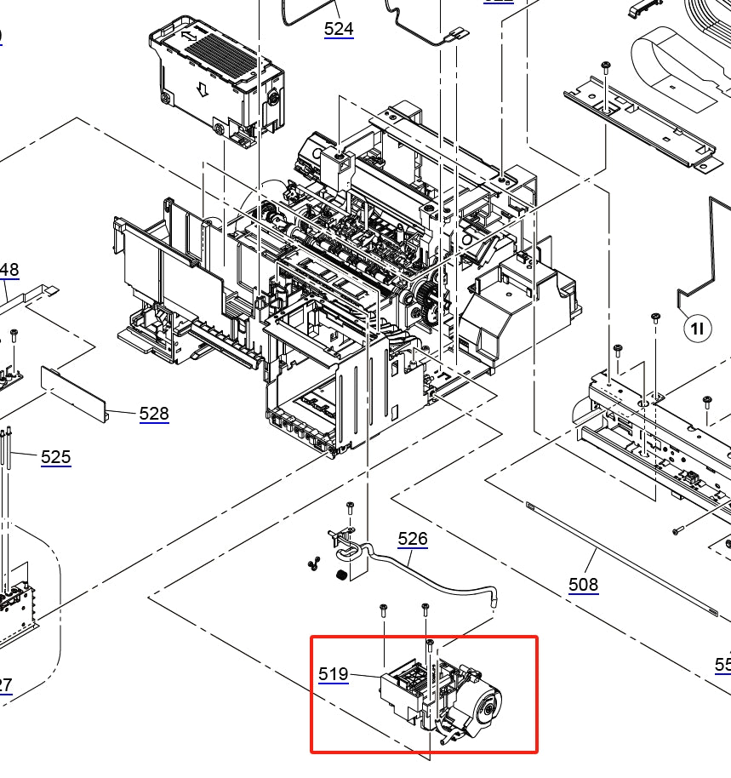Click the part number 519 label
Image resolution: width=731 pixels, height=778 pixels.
coord(334,674)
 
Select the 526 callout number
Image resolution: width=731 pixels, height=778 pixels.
coord(413,539)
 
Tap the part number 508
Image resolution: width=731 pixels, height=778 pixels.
coord(584,585)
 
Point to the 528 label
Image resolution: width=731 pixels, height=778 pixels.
coord(154,414)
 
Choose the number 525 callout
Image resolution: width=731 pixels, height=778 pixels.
coord(56,457)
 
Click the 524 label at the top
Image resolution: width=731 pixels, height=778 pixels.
coord(339,29)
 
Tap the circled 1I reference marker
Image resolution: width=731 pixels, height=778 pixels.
coord(696,328)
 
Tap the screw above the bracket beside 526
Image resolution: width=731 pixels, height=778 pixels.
coord(349,508)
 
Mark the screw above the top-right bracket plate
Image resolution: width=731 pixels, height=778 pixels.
coord(605,66)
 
